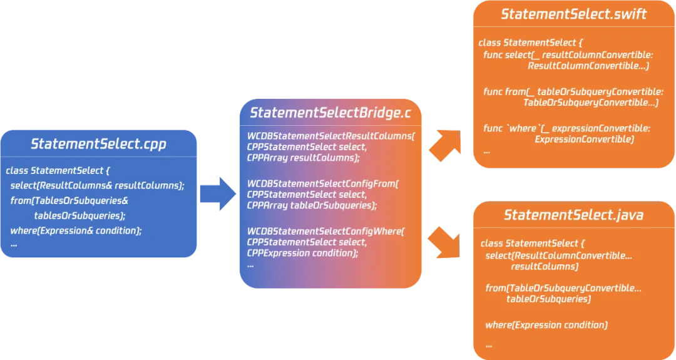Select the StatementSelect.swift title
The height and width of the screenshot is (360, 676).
pos(573,14)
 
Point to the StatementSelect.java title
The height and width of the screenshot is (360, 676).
pos(573,215)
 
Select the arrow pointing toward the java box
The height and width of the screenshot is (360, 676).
pos(446,241)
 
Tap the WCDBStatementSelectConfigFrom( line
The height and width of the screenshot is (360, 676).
pos(323,183)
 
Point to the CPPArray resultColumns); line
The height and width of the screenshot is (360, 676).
pos(304,158)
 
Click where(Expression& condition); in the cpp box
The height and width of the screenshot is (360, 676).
pos(76,230)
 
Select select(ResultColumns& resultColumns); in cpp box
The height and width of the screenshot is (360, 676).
pos(97,185)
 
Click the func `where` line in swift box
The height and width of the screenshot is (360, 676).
pos(567,128)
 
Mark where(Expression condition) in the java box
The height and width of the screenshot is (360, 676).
pos(546,325)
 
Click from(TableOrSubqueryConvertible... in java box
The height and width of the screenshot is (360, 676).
pos(563,288)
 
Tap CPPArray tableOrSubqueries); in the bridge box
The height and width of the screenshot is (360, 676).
pos(312,205)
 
